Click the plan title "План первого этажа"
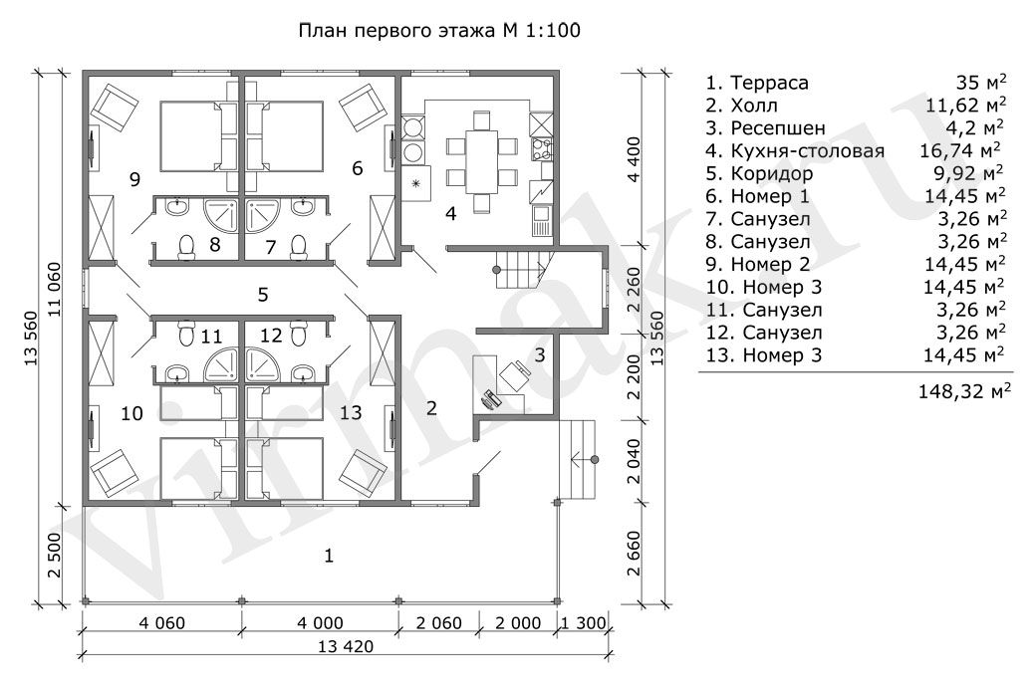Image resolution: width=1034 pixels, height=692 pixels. [399, 31]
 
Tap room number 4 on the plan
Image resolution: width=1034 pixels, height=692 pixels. [451, 212]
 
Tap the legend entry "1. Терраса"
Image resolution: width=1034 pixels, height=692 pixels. [757, 83]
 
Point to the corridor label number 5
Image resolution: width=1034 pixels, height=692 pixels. [263, 295]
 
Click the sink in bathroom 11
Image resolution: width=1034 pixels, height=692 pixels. [177, 373]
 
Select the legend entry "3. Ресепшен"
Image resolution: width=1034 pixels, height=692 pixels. [765, 128]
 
